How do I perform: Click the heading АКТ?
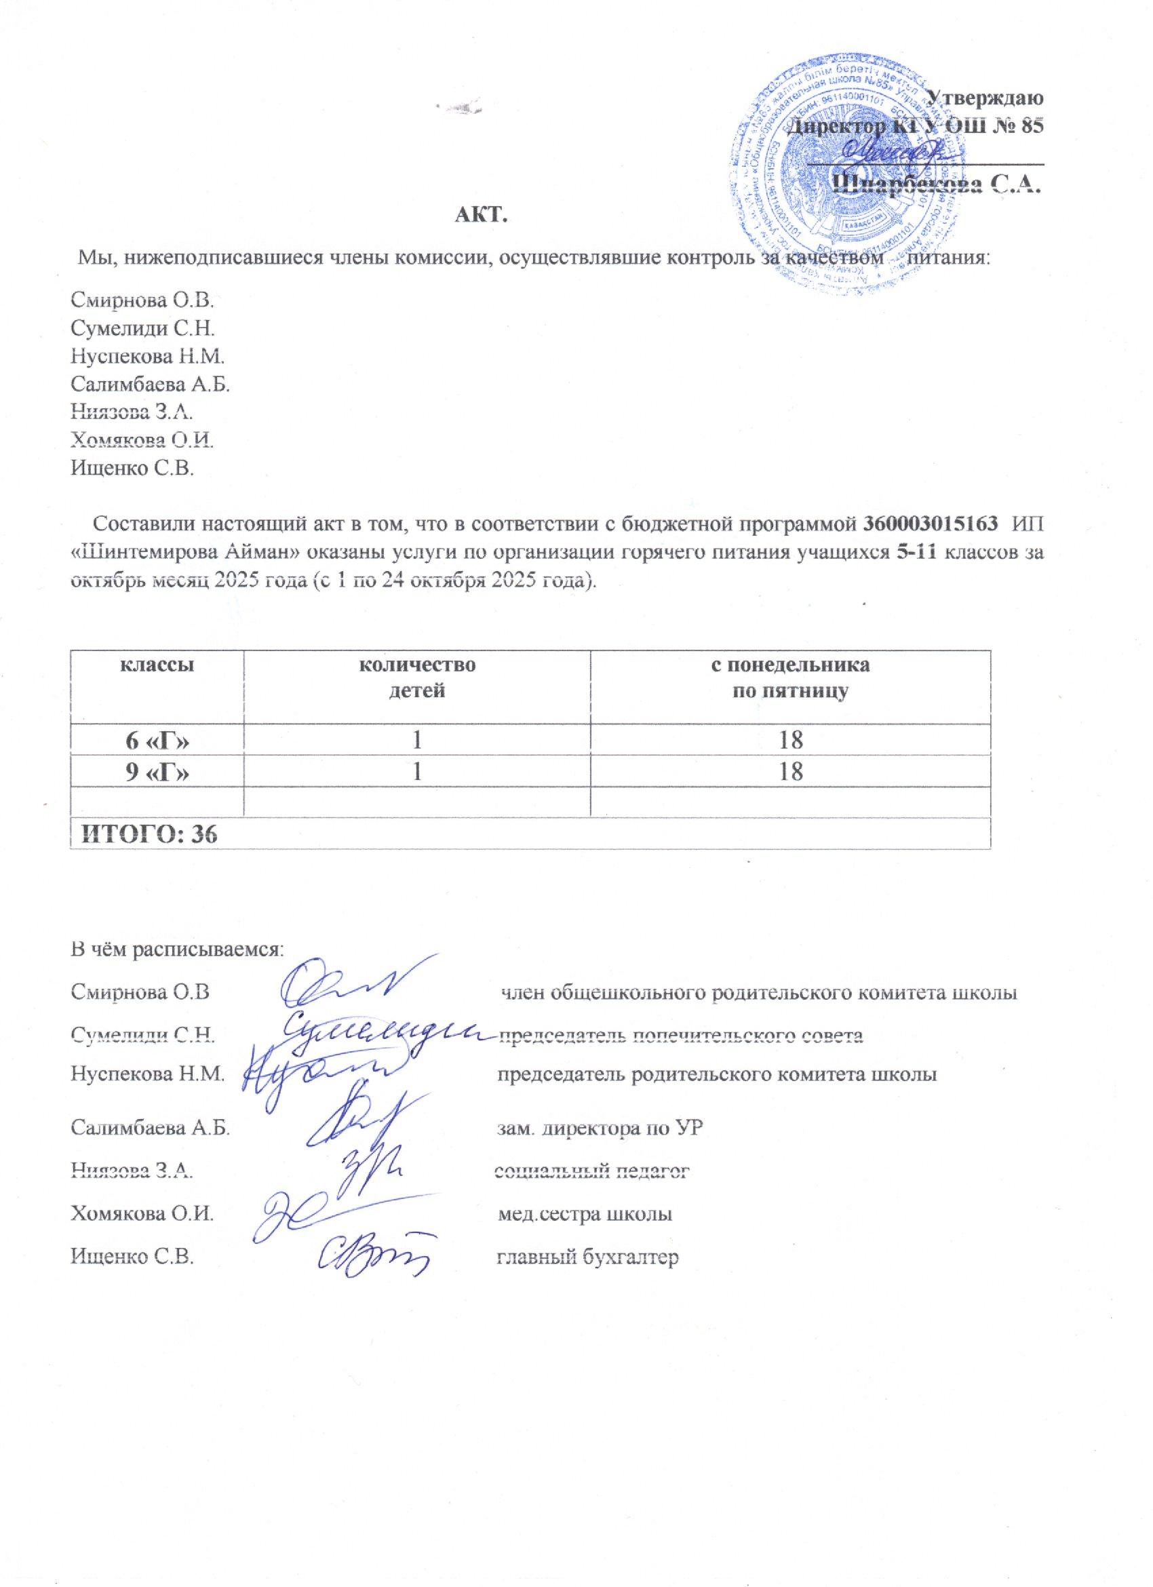click(x=480, y=214)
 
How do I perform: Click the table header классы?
click(x=157, y=665)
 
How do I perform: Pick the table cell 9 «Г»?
click(x=157, y=772)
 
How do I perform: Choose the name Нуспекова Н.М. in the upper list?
click(x=148, y=357)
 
